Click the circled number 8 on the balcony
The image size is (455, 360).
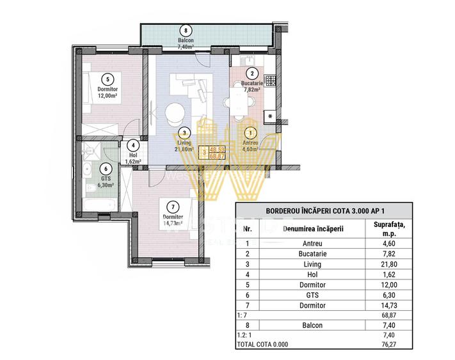pos(186,30)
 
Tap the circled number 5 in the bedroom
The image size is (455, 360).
pos(108,79)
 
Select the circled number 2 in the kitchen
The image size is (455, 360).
pos(253,74)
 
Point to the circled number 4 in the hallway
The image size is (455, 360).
pos(133,145)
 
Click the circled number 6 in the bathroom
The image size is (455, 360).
pos(106,170)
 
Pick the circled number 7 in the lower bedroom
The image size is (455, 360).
pos(170,207)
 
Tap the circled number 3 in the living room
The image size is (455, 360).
pos(184,133)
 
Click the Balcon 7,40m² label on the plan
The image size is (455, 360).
pos(186,43)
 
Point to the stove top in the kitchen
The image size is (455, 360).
pos(271,81)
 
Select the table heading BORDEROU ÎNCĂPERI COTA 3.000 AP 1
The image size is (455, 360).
pos(330,211)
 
